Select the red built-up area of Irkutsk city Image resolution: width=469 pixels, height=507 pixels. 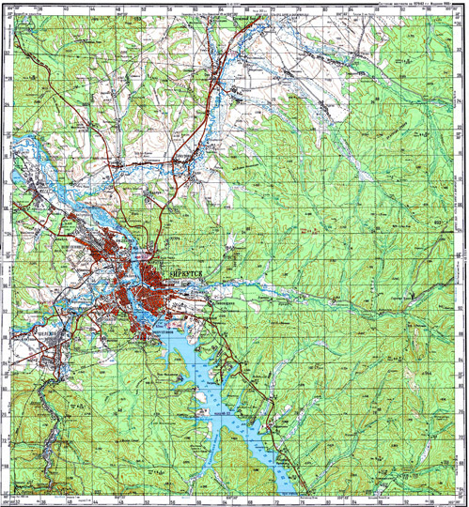[141, 282]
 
